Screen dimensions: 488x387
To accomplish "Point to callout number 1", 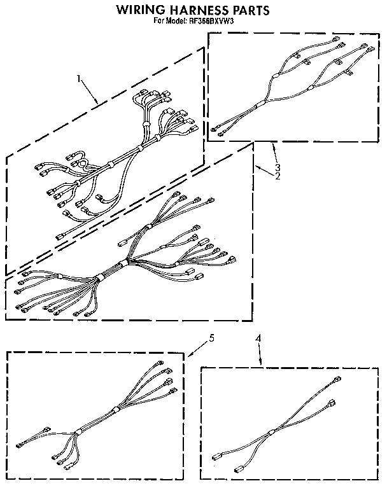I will click(x=79, y=80).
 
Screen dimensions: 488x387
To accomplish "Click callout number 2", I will click(x=278, y=176).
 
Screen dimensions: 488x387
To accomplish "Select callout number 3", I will click(x=278, y=167).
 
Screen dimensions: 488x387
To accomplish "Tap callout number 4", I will click(x=258, y=339).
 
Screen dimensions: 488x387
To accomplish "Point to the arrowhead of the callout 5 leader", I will click(x=187, y=356).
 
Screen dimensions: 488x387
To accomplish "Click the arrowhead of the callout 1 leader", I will click(x=98, y=104).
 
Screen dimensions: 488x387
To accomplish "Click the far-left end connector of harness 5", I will click(x=20, y=445).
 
